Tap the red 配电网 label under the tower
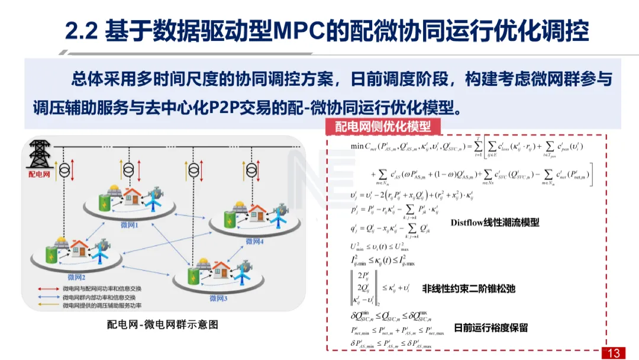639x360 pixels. [40, 175]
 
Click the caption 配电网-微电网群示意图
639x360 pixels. [163, 324]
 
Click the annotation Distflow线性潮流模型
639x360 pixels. [495, 223]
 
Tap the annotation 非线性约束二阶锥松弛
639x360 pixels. [469, 289]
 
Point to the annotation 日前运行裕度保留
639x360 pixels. [490, 327]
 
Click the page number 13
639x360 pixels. [614, 353]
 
